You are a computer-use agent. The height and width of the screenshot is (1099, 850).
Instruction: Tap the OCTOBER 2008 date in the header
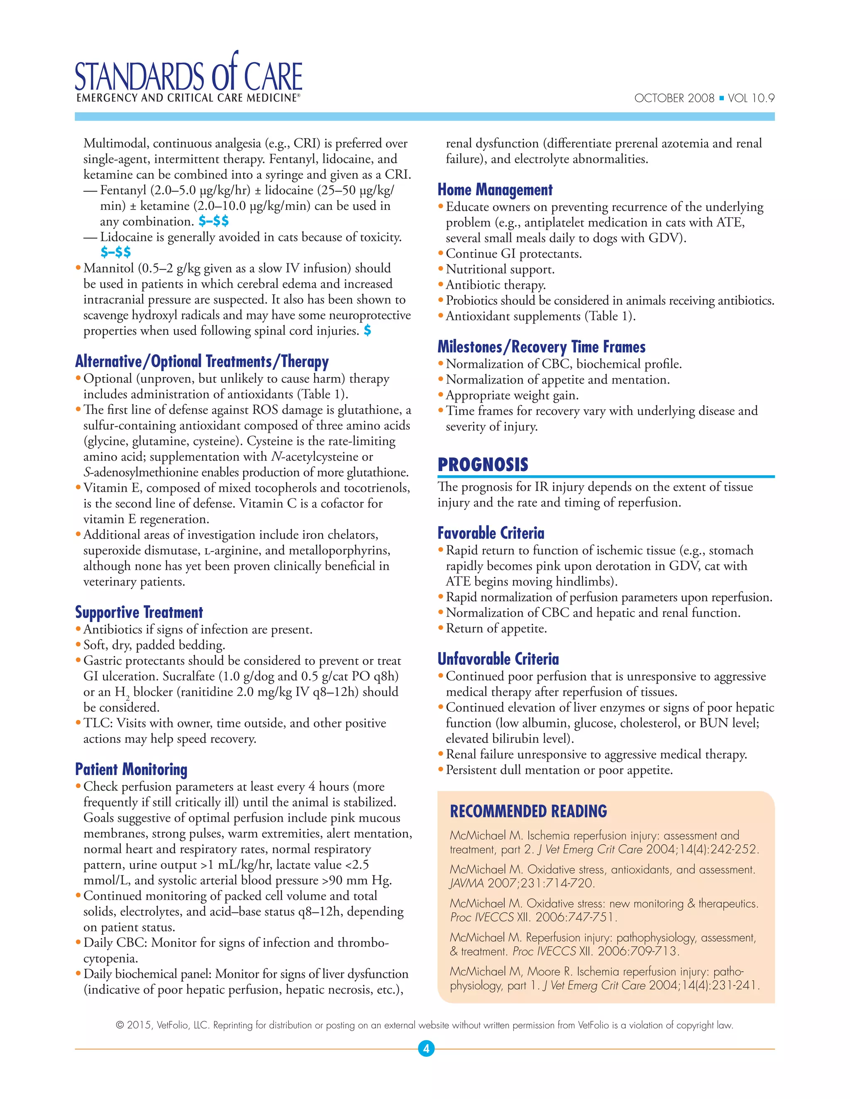(x=674, y=98)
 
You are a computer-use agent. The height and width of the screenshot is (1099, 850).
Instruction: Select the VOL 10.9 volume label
(x=751, y=98)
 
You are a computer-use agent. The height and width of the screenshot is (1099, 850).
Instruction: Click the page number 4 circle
(x=426, y=1049)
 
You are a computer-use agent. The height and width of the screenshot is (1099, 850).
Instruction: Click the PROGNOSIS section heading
(x=482, y=464)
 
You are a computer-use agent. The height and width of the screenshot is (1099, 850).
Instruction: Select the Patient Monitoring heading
(x=131, y=769)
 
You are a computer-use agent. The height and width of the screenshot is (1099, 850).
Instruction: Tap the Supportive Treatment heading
(x=139, y=613)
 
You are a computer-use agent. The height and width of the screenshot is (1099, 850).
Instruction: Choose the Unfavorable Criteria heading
(x=498, y=659)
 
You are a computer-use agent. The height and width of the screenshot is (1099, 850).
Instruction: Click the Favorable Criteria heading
(x=491, y=533)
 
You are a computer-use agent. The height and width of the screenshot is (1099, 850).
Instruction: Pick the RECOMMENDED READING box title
(x=528, y=811)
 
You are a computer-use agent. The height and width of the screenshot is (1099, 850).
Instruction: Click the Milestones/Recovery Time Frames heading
(x=541, y=347)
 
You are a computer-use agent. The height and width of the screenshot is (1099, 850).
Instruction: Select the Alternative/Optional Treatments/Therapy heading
(x=201, y=361)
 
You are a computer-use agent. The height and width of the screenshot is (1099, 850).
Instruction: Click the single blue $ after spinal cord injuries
(x=368, y=331)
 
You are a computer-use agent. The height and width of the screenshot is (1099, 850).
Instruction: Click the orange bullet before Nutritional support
(x=441, y=269)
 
